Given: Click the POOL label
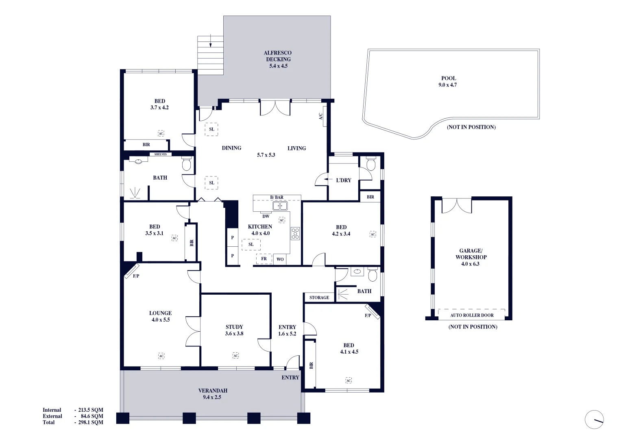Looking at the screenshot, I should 449,78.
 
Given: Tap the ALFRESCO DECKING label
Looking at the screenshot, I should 278,56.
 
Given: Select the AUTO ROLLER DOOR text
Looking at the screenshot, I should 472,315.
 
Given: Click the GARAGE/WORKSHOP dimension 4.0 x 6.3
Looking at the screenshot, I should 470,264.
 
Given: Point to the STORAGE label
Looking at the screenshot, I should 319,298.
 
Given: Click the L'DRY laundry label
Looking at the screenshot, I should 343,180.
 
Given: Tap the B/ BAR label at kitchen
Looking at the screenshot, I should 277,198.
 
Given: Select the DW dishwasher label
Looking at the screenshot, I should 266,216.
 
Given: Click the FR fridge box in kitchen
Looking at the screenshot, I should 264,259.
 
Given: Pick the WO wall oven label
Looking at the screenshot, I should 280,259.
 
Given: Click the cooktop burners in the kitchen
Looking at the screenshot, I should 295,233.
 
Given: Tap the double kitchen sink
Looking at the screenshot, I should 280,206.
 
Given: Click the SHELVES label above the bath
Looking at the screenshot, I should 160,154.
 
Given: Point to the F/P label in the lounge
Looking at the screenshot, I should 136,276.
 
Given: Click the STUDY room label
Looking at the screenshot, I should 234,327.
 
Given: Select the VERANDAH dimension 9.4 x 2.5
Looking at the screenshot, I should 212,397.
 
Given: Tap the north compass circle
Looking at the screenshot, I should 594,419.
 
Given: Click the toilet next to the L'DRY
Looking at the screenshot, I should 370,164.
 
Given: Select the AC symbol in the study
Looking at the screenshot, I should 235,356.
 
